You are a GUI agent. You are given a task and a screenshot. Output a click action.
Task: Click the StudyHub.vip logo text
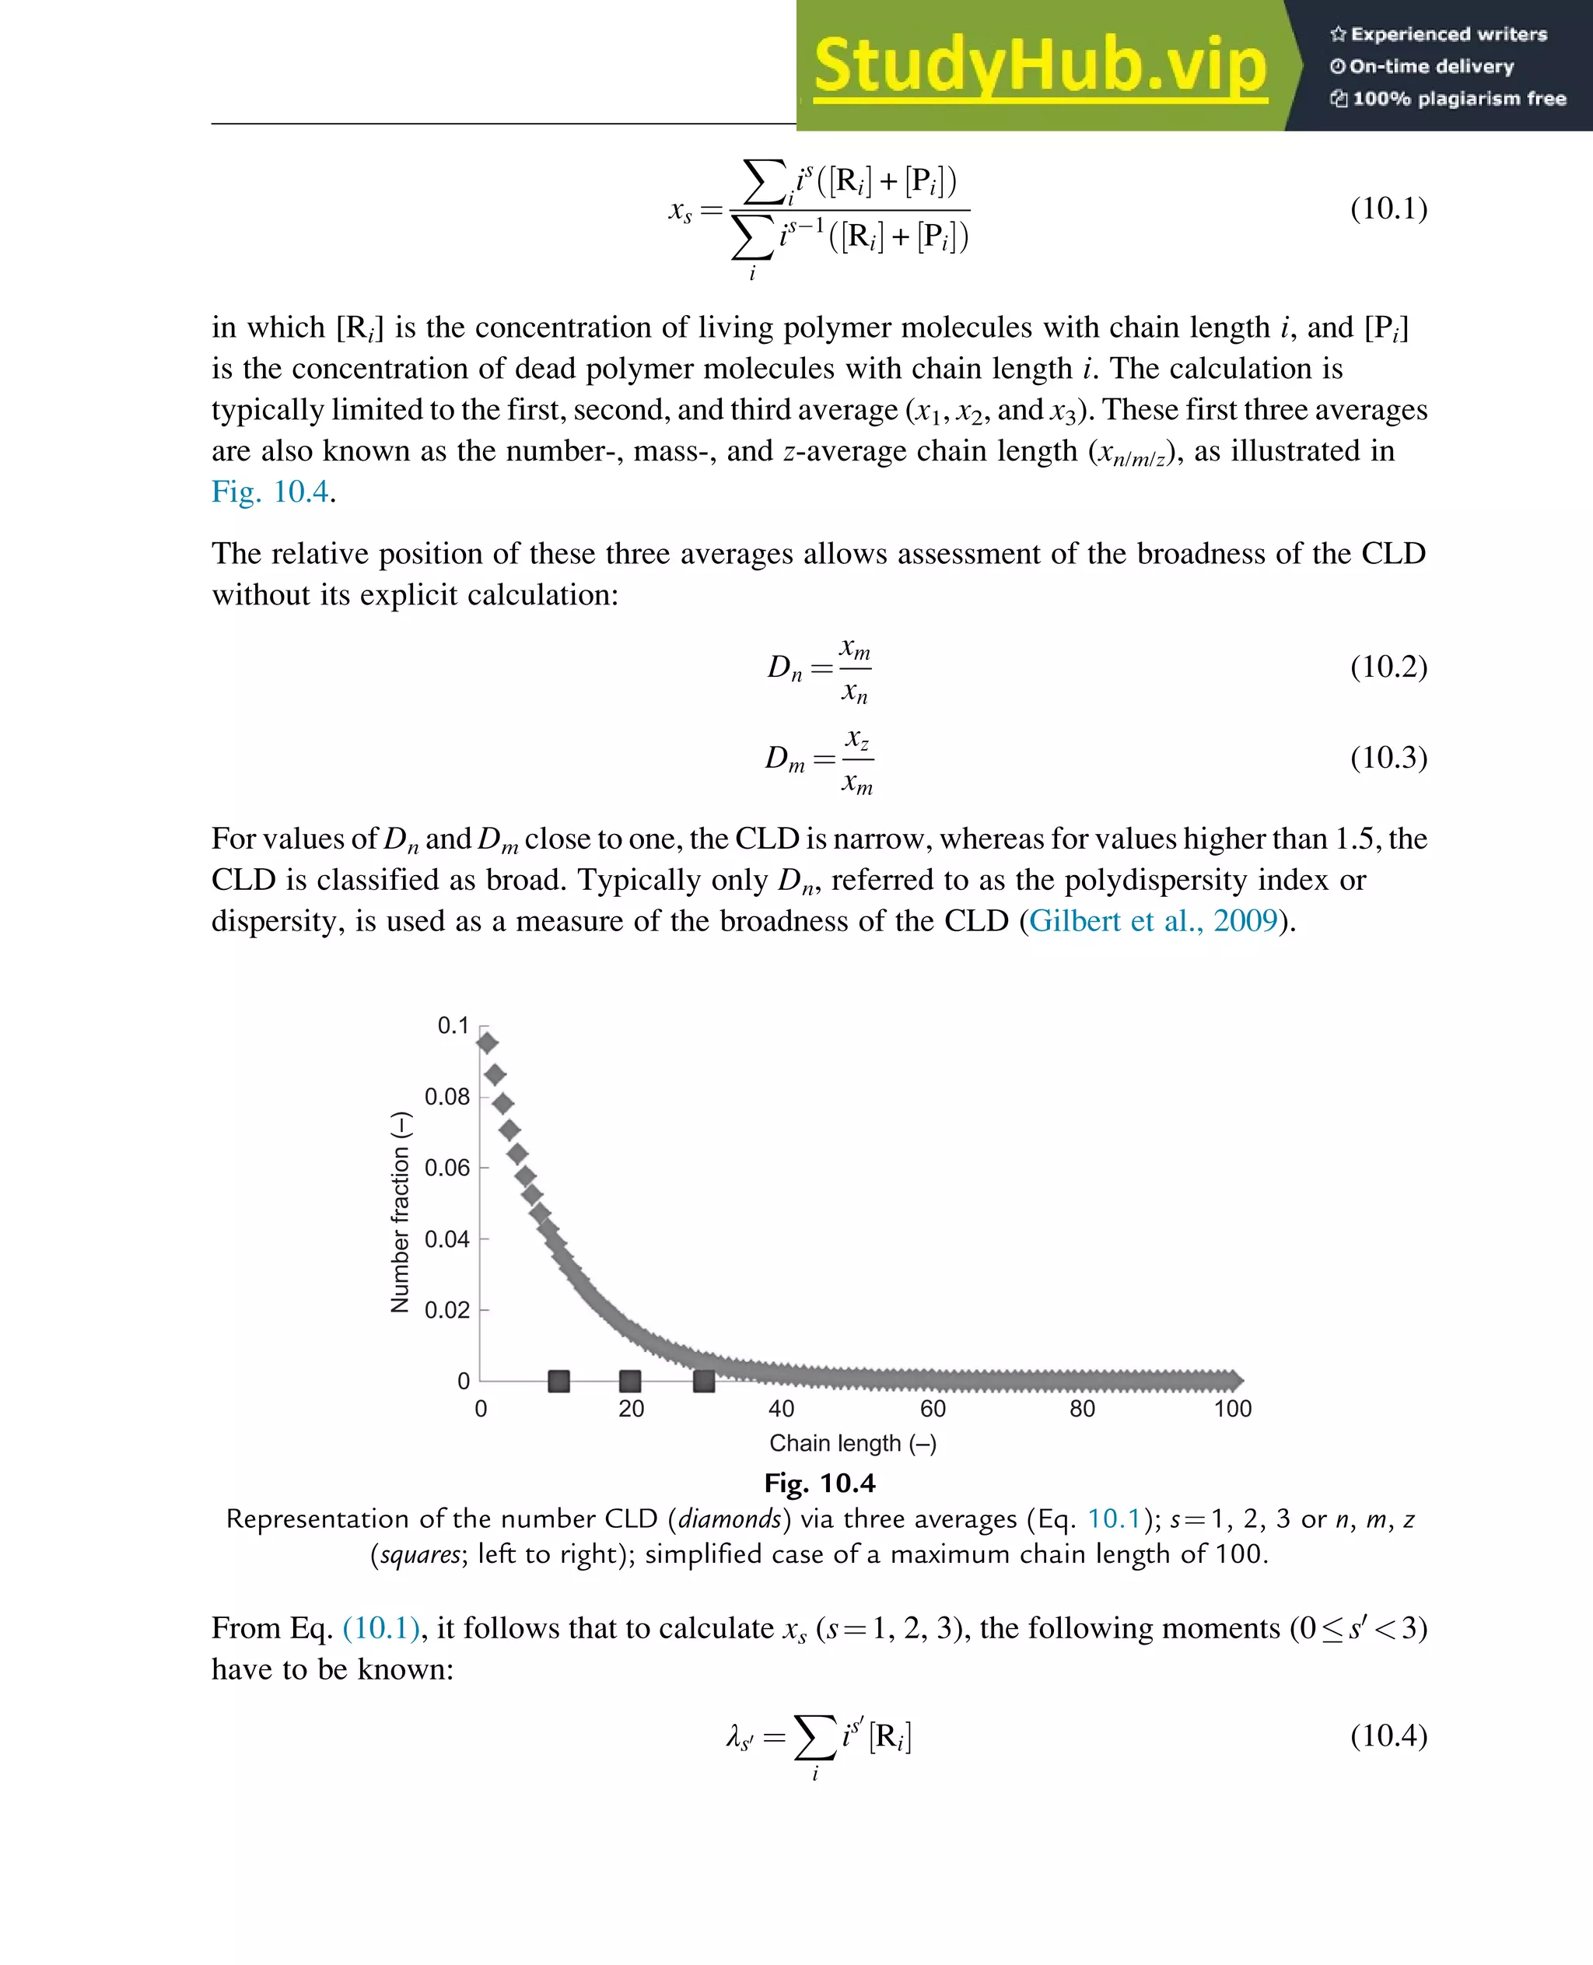(x=1040, y=66)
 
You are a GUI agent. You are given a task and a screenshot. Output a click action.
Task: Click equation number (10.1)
(x=1388, y=208)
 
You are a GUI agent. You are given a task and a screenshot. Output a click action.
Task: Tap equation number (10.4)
(x=1388, y=1735)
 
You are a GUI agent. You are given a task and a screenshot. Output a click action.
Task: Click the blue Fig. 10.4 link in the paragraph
(x=270, y=492)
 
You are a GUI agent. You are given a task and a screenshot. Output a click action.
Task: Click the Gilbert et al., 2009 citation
(x=1153, y=920)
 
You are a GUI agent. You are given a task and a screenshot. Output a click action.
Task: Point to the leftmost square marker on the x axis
(x=558, y=1380)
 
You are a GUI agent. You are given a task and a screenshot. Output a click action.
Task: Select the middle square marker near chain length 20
(x=629, y=1380)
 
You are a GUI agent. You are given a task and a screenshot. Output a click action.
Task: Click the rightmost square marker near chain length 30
(x=704, y=1380)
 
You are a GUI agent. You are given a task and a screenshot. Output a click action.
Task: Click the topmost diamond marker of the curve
(x=487, y=1042)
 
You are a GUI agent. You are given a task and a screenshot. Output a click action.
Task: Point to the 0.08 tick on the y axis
(x=447, y=1097)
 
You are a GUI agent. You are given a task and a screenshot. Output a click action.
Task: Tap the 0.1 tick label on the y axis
(x=453, y=1025)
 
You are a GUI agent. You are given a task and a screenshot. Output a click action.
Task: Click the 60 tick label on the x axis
(x=933, y=1409)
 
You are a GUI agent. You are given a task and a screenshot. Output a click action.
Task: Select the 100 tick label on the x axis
(x=1231, y=1409)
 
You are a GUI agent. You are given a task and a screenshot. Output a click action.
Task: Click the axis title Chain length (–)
(x=853, y=1444)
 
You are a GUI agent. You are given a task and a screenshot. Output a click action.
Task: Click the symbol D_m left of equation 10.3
(x=785, y=759)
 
